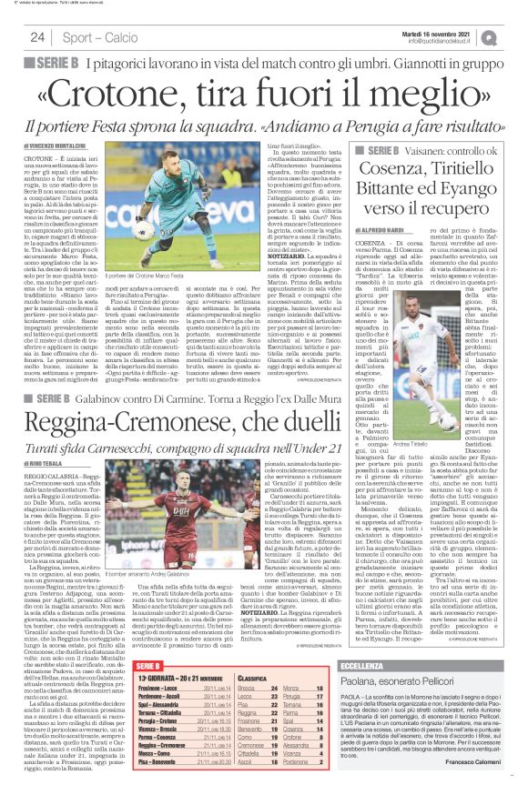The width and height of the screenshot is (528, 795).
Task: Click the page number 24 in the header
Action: (x=37, y=37)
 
